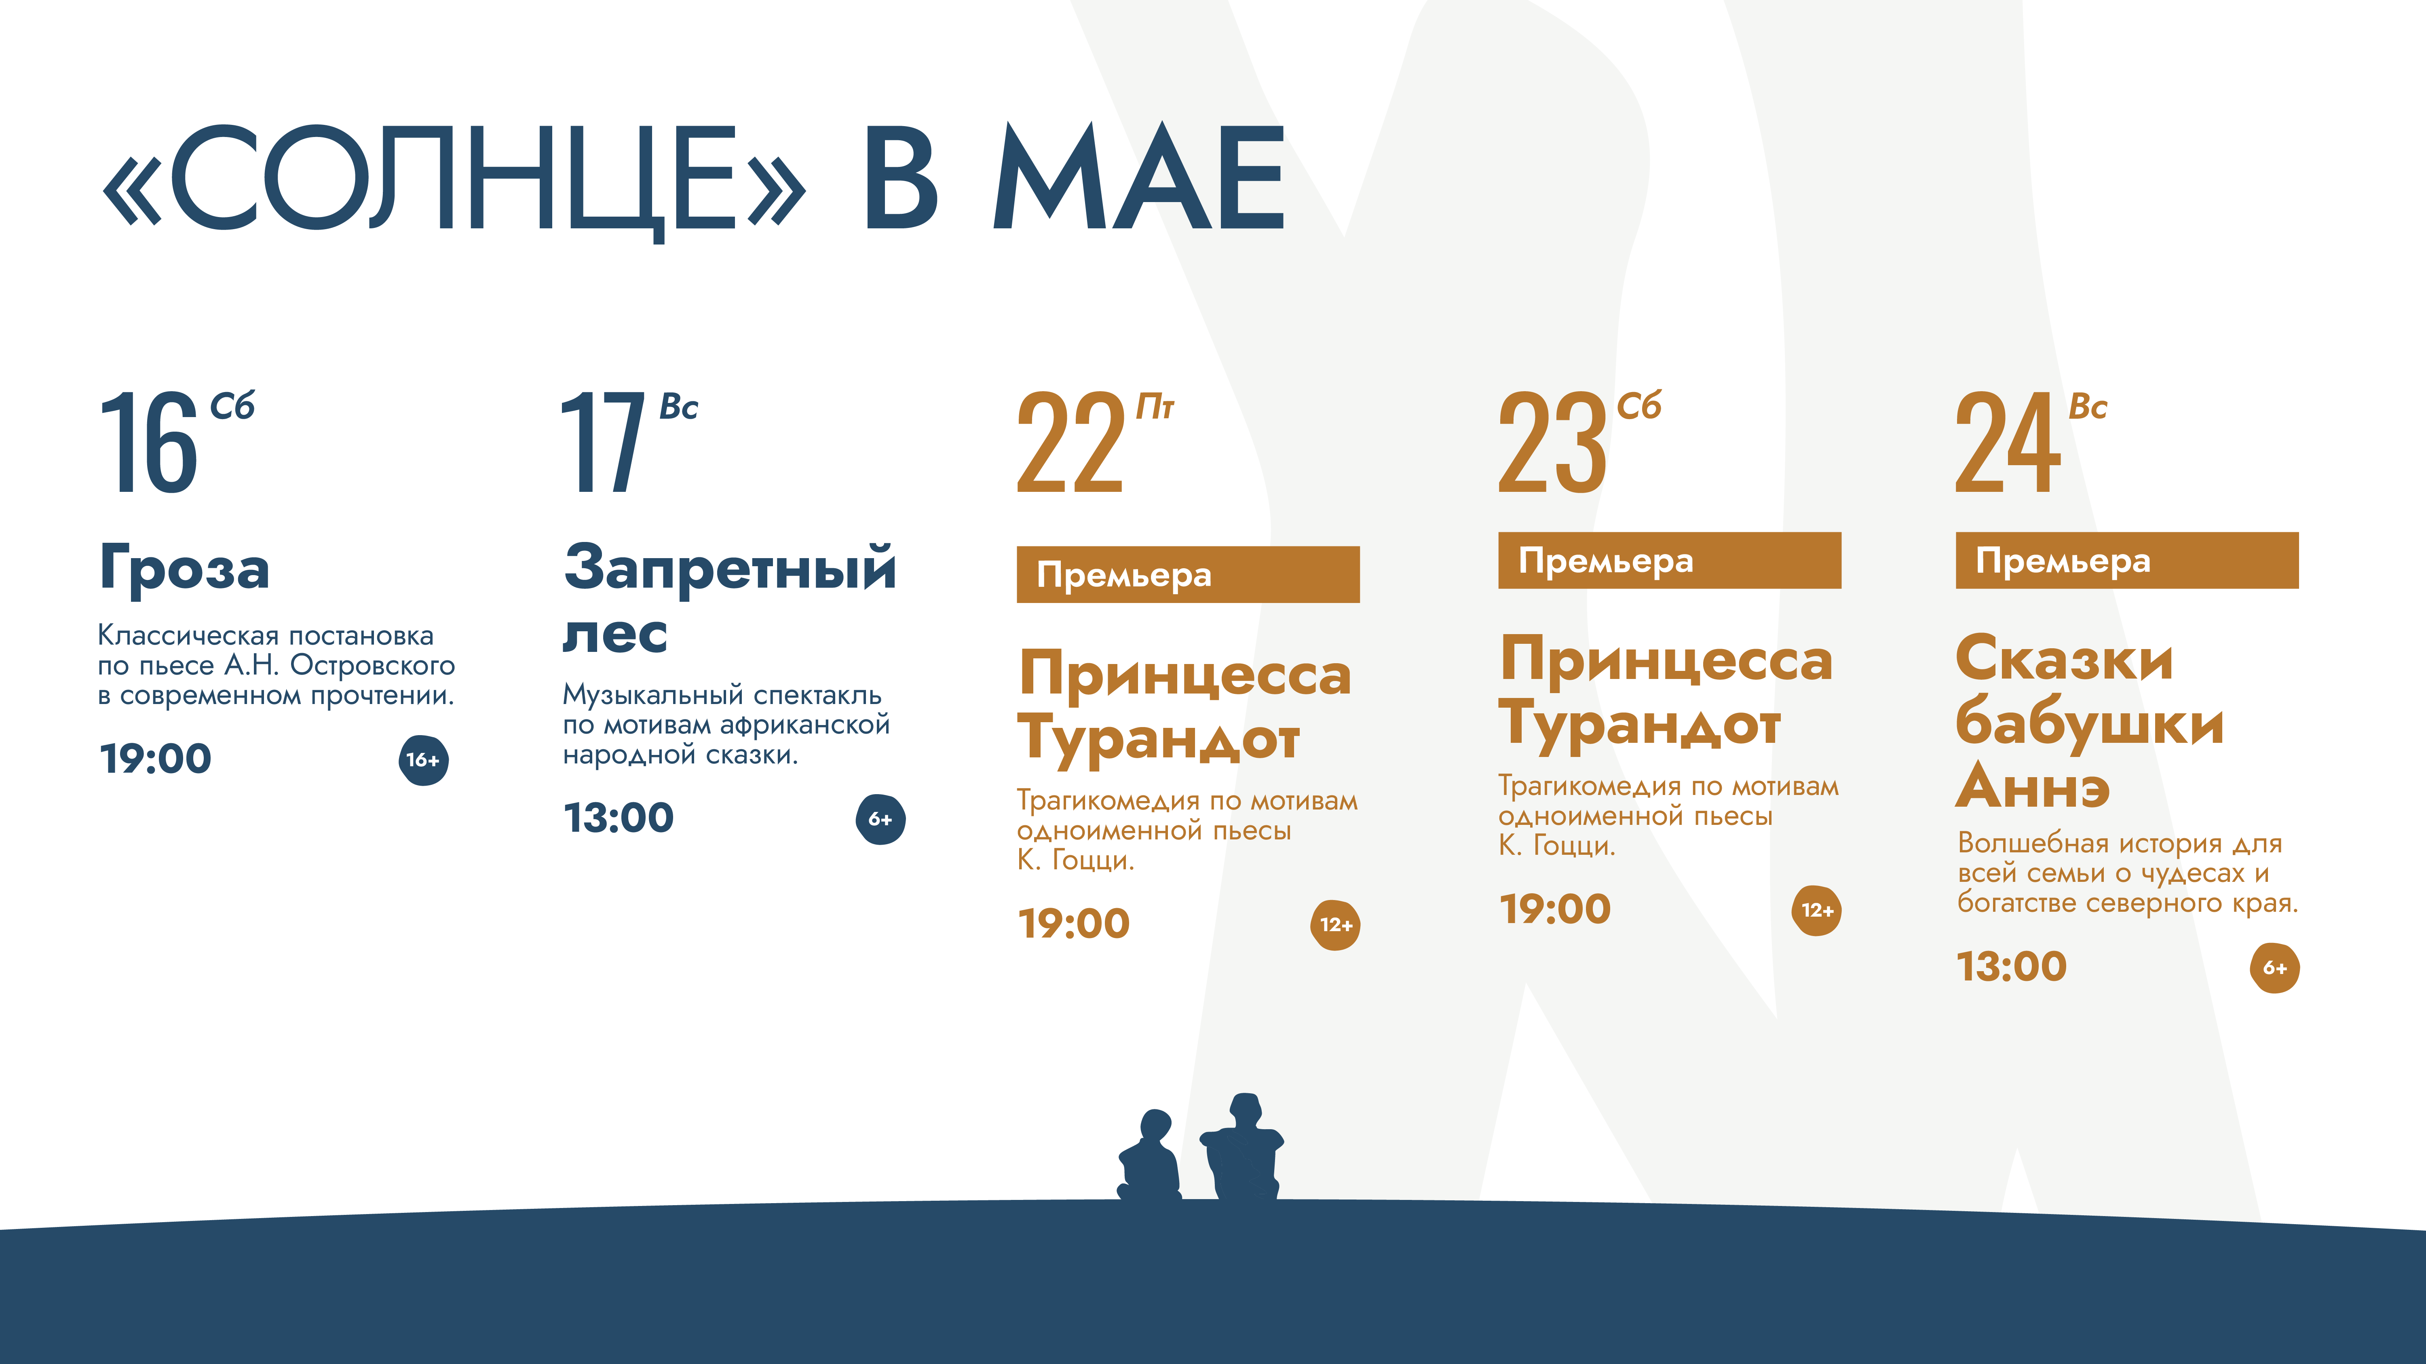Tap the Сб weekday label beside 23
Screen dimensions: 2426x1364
click(1640, 406)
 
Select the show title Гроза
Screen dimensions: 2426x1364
click(185, 568)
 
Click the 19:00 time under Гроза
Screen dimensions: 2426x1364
click(155, 759)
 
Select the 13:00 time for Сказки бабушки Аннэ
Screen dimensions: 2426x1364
click(2012, 967)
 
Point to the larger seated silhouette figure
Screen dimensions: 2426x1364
click(1242, 1147)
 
